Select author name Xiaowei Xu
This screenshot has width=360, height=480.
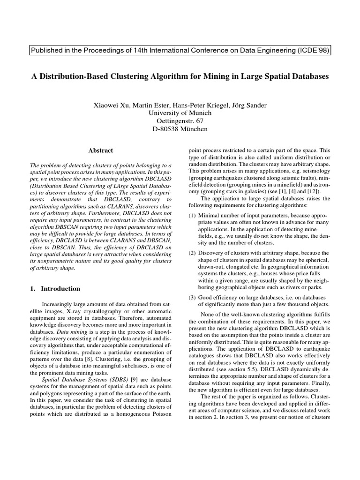pos(112,105)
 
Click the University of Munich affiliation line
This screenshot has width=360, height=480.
pos(180,113)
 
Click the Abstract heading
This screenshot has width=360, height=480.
pos(101,150)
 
